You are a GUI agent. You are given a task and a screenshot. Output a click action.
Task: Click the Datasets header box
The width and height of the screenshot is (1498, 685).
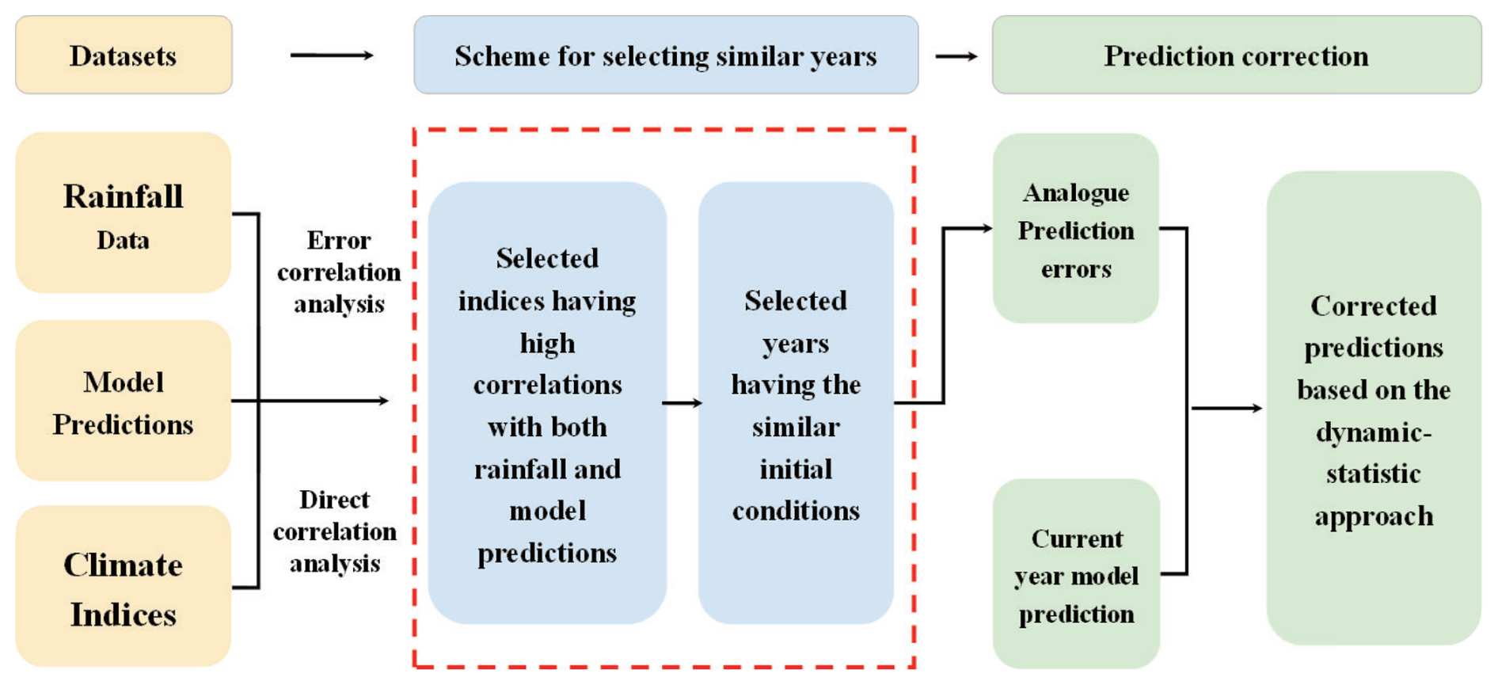pyautogui.click(x=124, y=55)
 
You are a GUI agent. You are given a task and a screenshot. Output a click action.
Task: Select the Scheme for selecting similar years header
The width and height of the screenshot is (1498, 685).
pyautogui.click(x=666, y=55)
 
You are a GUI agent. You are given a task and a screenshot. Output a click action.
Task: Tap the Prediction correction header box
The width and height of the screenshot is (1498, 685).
pyautogui.click(x=1237, y=55)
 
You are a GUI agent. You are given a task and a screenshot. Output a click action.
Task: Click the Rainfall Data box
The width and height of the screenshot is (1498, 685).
pyautogui.click(x=124, y=212)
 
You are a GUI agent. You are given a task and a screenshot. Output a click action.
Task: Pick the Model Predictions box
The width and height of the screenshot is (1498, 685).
pyautogui.click(x=124, y=401)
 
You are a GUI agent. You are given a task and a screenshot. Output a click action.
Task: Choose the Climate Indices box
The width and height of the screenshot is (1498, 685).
pyautogui.click(x=124, y=586)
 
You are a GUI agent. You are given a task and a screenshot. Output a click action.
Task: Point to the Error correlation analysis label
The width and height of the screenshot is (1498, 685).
pyautogui.click(x=339, y=272)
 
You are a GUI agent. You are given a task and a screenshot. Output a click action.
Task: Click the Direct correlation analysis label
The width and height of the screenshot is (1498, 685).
pyautogui.click(x=335, y=531)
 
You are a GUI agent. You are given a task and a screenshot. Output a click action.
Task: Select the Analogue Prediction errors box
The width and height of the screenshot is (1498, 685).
pyautogui.click(x=1076, y=228)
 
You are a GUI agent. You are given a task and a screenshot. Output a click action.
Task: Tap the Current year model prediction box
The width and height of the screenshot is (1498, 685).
pyautogui.click(x=1077, y=574)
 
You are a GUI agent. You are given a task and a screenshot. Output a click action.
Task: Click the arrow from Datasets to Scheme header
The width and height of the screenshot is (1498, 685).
pyautogui.click(x=332, y=55)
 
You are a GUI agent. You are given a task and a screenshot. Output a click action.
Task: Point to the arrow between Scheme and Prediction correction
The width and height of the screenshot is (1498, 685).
pyautogui.click(x=956, y=56)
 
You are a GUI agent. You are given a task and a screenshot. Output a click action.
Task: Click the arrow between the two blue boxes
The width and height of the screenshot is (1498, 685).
pyautogui.click(x=682, y=403)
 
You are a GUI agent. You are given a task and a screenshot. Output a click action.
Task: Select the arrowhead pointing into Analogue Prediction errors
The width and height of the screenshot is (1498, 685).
pyautogui.click(x=987, y=228)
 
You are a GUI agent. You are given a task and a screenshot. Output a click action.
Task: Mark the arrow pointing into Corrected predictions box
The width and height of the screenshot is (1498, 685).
pyautogui.click(x=1227, y=408)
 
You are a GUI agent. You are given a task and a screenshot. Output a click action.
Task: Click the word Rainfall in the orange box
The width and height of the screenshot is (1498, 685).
pyautogui.click(x=124, y=196)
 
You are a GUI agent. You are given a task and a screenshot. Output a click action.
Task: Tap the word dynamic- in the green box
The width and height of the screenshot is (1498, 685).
pyautogui.click(x=1374, y=432)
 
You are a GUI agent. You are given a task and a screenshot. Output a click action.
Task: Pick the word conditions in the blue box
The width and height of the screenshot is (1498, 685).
pyautogui.click(x=796, y=511)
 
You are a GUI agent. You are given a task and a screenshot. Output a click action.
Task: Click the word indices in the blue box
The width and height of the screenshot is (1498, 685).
pyautogui.click(x=501, y=302)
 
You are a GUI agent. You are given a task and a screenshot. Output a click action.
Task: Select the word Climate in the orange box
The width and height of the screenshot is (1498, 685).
pyautogui.click(x=124, y=565)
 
